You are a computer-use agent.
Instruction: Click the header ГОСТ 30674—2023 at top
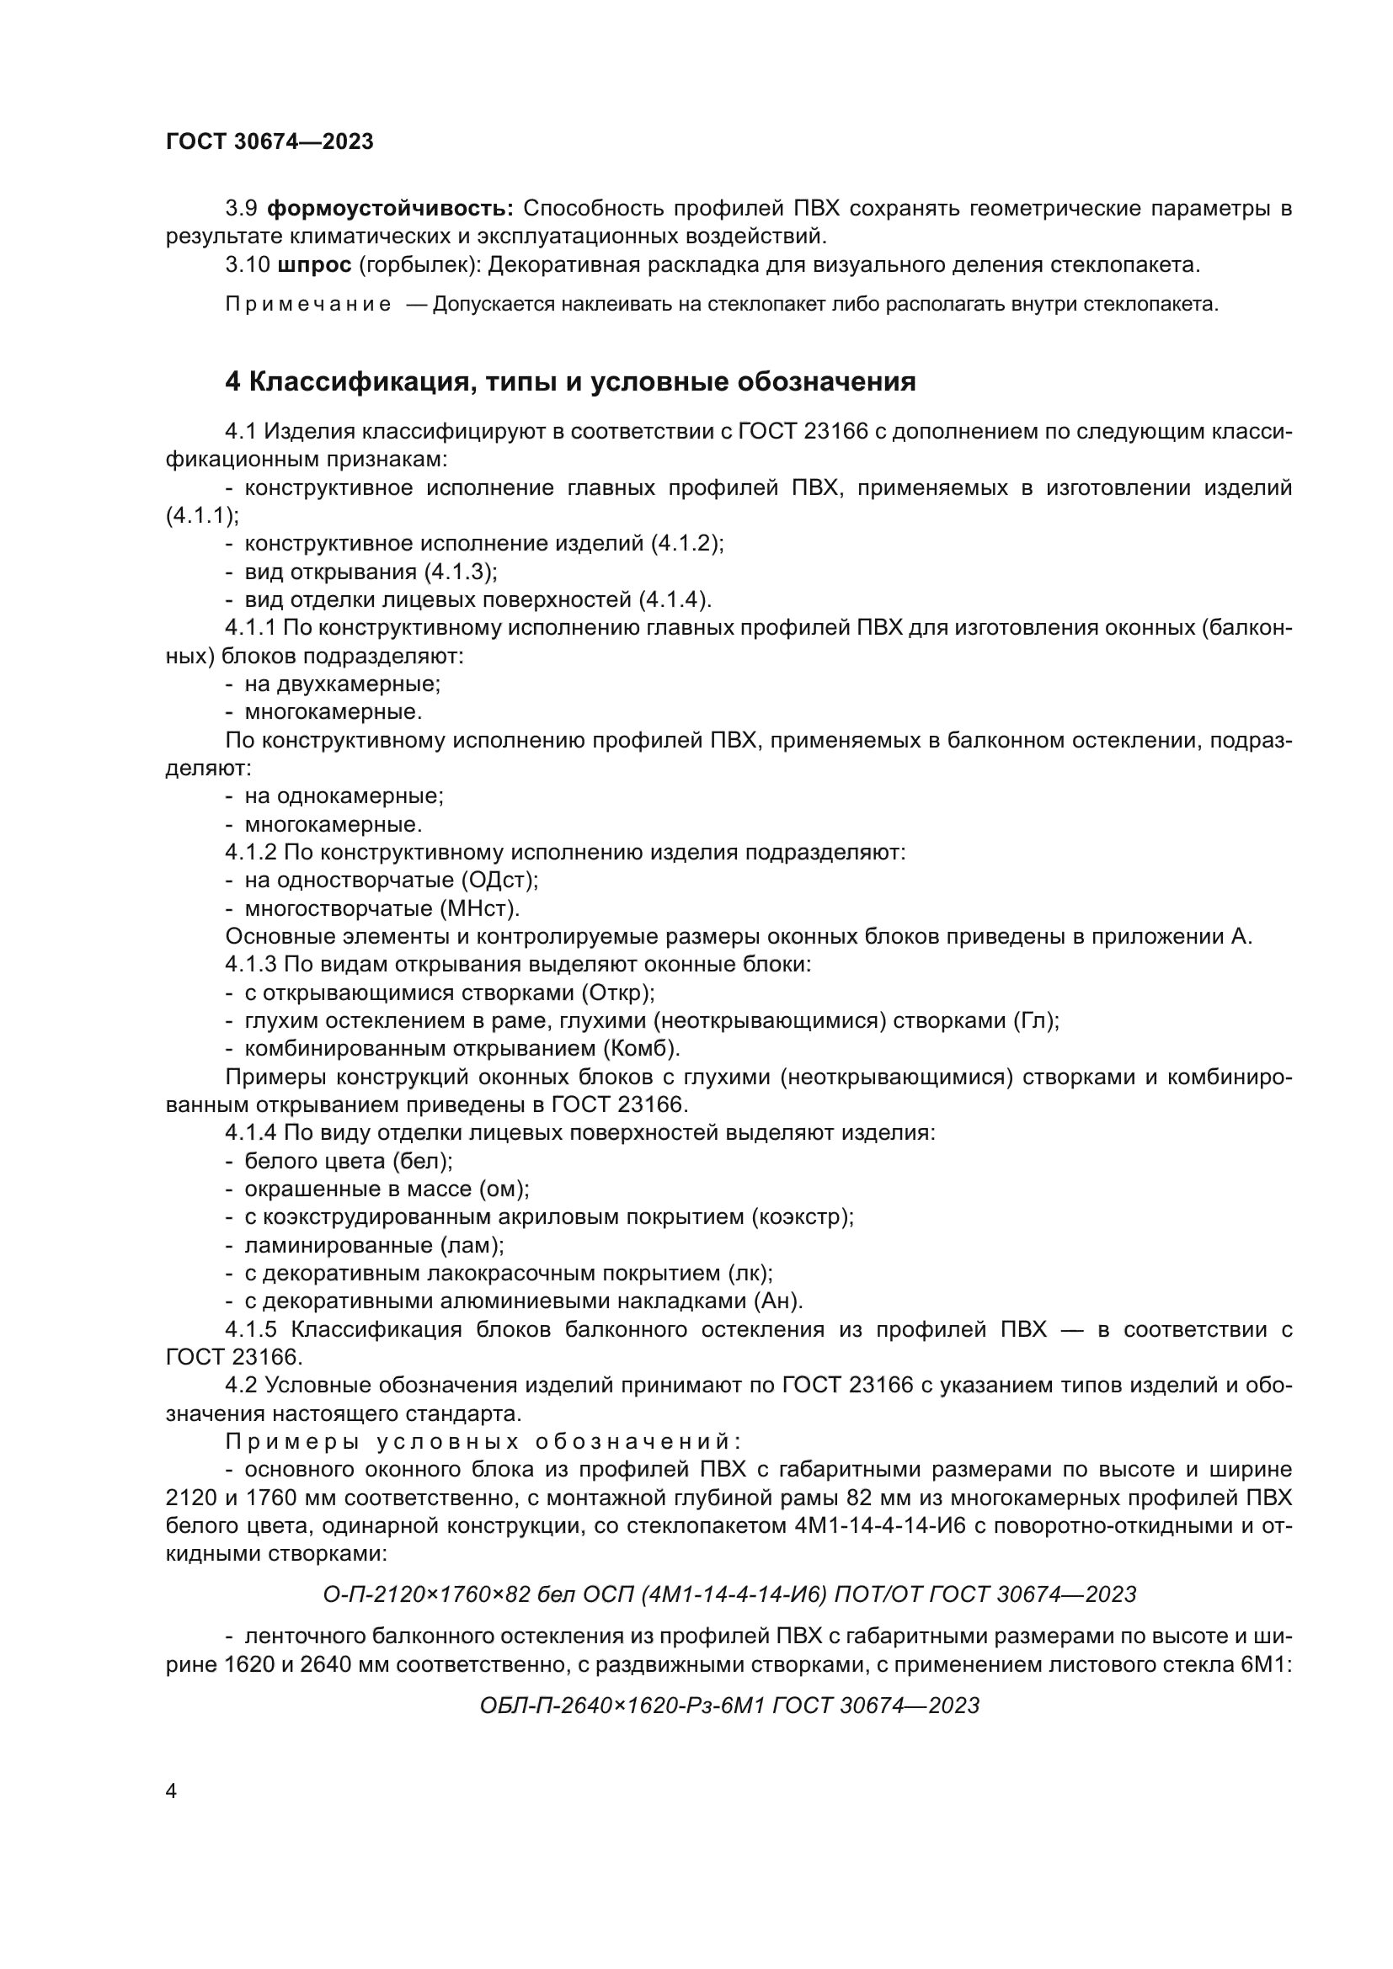coord(270,142)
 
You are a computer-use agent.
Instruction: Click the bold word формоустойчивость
coord(390,209)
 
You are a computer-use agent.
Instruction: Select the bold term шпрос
coord(315,265)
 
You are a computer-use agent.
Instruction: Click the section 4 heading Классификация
coord(570,381)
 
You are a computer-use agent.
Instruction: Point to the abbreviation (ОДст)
coord(499,880)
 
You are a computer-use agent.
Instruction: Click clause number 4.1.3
coord(251,965)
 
